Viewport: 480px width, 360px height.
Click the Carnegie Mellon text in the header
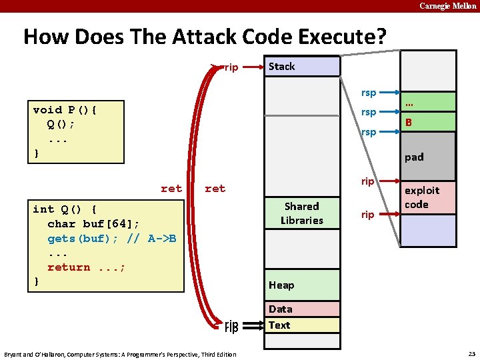click(x=447, y=6)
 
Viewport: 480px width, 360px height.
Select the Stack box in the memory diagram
click(x=303, y=67)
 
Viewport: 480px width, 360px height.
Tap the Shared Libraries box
click(x=302, y=213)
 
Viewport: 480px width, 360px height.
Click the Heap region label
click(x=281, y=285)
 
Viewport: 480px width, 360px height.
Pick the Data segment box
click(x=302, y=309)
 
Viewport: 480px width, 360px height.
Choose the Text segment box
click(x=302, y=325)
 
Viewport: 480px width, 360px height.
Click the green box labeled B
click(x=427, y=122)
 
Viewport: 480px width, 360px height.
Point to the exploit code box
click(x=427, y=198)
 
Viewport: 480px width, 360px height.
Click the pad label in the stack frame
click(x=414, y=157)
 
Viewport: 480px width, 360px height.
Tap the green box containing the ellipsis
click(x=427, y=102)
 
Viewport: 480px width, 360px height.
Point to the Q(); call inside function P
click(x=61, y=125)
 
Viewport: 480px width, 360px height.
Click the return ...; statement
click(x=87, y=267)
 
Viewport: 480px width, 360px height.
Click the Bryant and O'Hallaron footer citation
click(x=120, y=354)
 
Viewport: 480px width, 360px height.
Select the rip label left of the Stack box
click(x=231, y=67)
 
